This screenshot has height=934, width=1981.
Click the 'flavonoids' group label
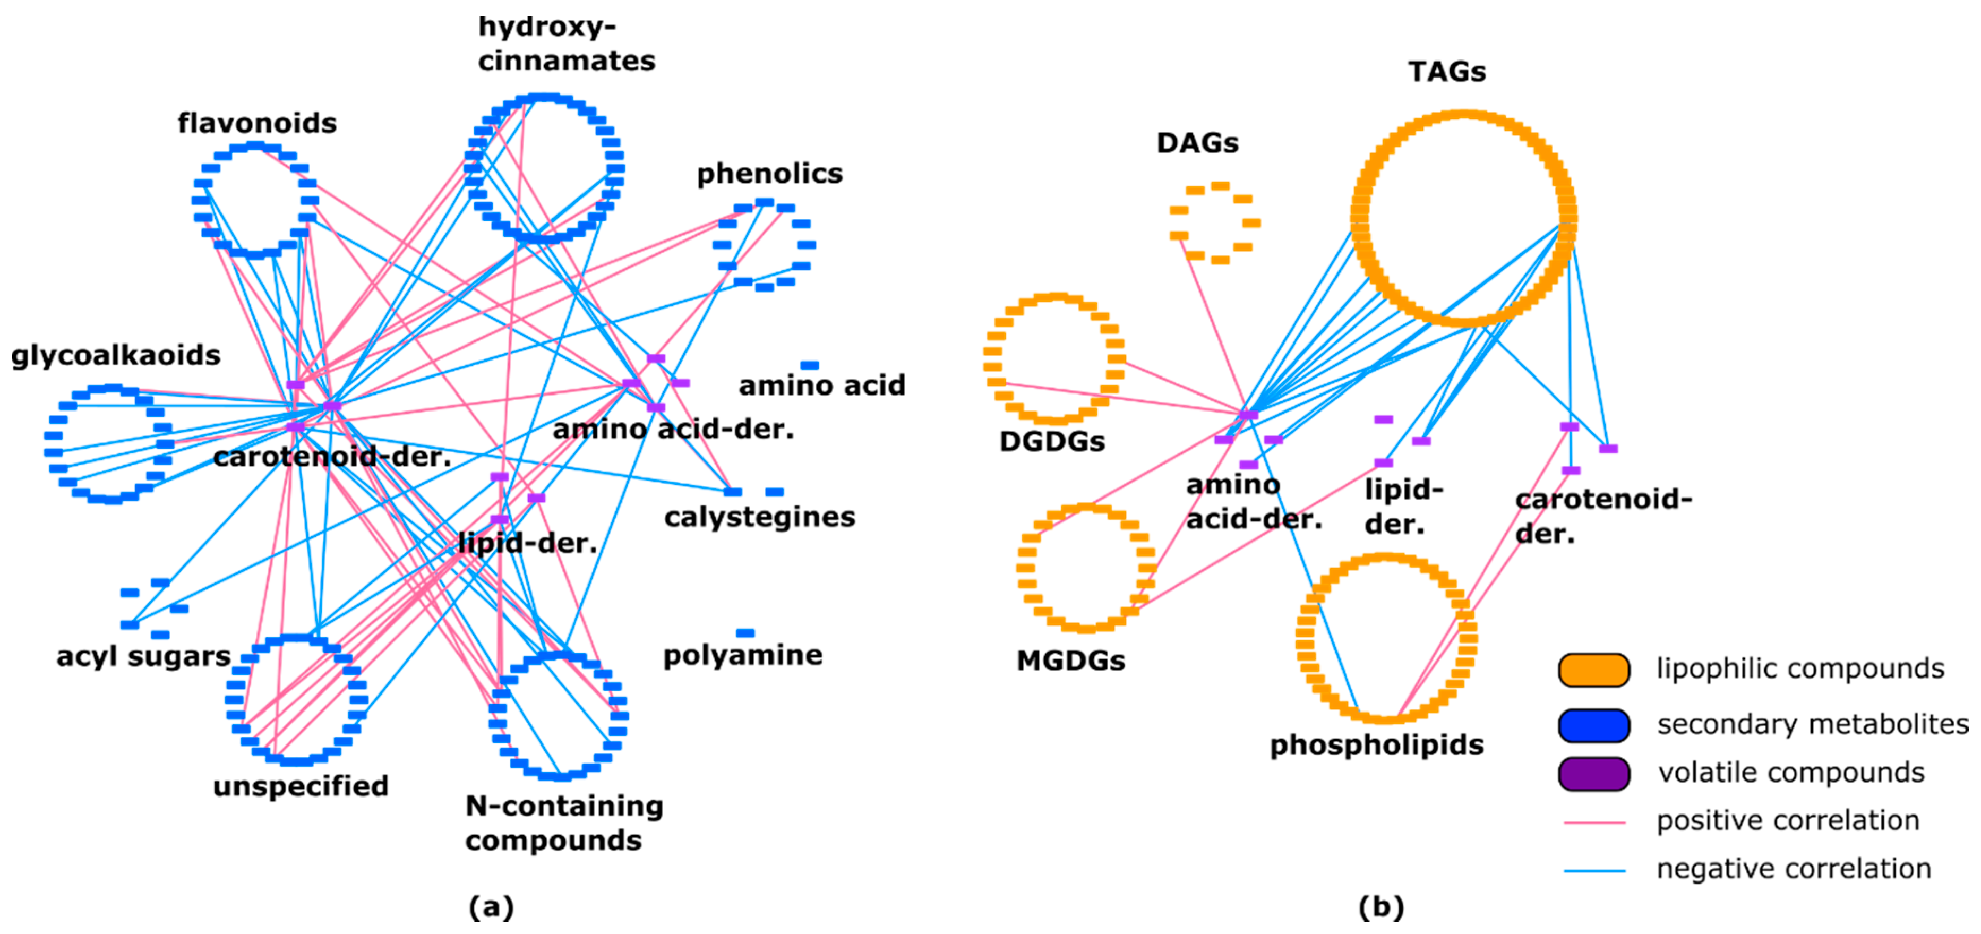257,123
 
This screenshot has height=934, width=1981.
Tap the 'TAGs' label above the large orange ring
1446,72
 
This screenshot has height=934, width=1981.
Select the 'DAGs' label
1197,143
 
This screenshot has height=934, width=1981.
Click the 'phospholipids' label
1376,745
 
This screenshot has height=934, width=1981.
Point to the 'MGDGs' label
1070,660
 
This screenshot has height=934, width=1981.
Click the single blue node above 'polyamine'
745,633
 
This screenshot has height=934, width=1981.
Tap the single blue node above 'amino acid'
809,365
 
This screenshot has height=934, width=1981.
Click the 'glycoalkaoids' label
115,355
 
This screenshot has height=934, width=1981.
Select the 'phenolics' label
769,174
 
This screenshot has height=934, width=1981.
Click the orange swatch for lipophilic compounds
1593,670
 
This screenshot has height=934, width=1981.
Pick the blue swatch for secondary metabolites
1593,725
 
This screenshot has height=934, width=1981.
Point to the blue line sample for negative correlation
1593,871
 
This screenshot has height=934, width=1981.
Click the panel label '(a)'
491,907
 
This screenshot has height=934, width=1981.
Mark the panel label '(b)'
1380,907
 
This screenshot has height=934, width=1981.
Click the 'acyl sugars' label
143,656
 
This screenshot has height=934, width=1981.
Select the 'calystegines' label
759,517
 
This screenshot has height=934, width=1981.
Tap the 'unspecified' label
301,786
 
